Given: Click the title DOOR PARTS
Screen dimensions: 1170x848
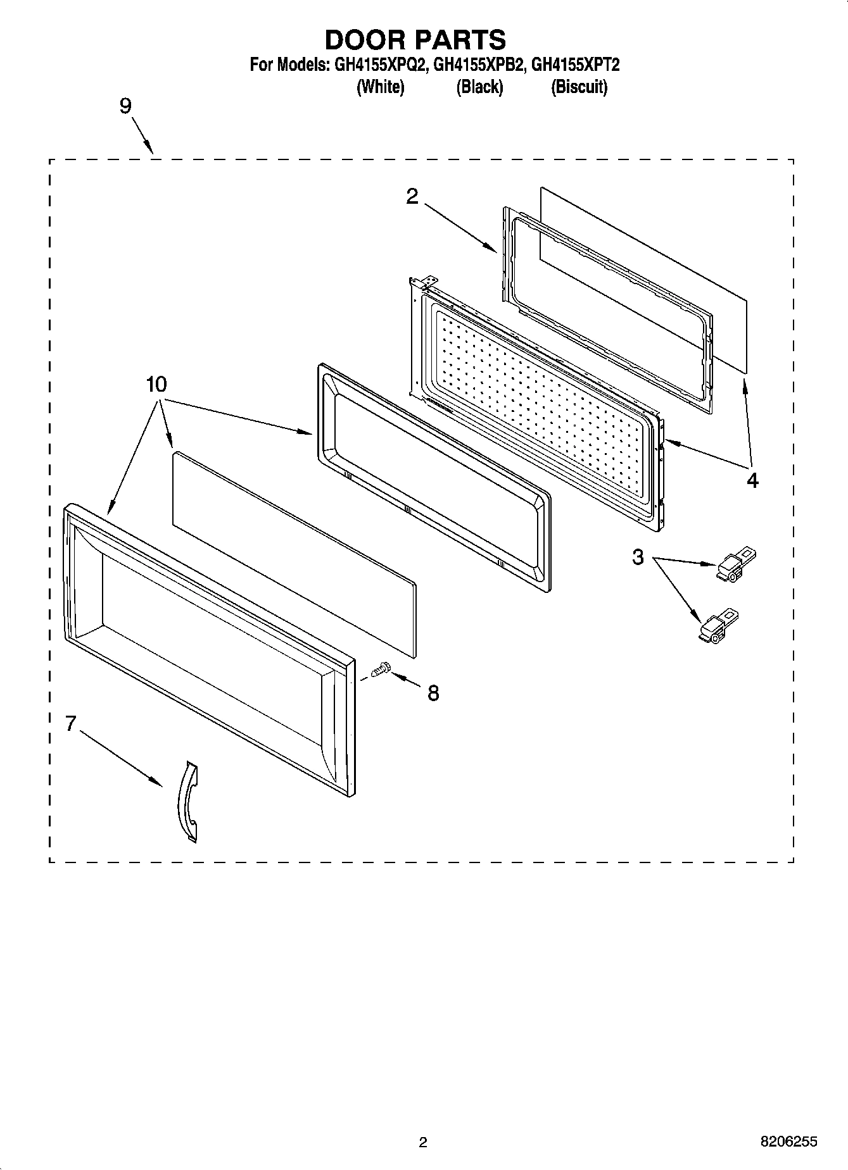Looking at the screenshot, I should [415, 39].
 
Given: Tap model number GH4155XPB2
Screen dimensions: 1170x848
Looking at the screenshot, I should [479, 65].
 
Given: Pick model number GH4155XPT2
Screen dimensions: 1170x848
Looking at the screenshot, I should [575, 65].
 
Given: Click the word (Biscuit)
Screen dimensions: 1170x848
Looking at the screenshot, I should [579, 87].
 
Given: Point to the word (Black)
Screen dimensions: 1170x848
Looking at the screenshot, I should [479, 87].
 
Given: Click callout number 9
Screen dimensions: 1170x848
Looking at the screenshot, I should [125, 106].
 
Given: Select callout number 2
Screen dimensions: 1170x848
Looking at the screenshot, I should [412, 197].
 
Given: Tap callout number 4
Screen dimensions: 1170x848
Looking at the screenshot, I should [752, 480].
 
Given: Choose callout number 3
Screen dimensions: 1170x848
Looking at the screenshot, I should [638, 557].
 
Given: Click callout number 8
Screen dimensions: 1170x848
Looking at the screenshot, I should [433, 694].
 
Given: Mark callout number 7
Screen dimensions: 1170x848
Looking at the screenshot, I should [71, 723].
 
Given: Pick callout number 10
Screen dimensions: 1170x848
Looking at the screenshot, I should [156, 384].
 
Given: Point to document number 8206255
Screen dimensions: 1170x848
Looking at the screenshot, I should [788, 1142].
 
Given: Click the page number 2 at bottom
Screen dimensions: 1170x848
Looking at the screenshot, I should [423, 1142].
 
